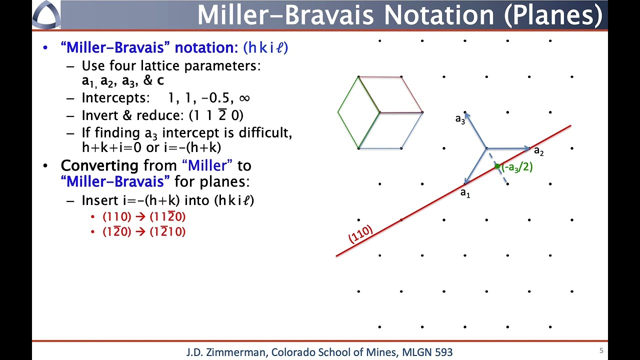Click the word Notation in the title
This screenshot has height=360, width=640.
point(439,15)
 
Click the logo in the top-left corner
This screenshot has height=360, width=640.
point(46,14)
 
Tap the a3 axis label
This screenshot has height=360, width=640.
point(460,119)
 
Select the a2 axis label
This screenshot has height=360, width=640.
point(539,150)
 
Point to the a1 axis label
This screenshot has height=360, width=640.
point(465,193)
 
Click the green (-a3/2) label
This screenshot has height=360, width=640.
point(517,167)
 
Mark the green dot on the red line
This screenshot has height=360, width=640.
point(497,166)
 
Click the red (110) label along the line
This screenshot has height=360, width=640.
point(360,234)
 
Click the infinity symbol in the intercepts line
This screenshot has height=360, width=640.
point(244,98)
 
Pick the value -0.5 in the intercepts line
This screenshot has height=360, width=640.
point(215,98)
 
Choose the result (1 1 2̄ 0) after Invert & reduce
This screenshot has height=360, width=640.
point(216,115)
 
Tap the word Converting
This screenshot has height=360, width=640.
point(99,165)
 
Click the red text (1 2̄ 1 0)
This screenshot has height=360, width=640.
point(167,231)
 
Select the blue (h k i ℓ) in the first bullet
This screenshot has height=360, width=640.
point(265,47)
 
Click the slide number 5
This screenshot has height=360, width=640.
point(601,350)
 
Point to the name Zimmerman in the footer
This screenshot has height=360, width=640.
point(237,352)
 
